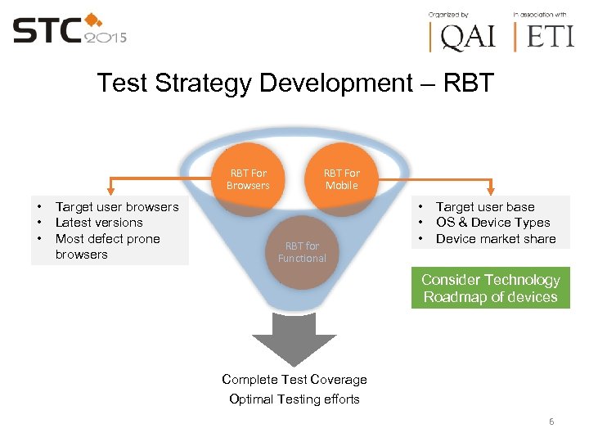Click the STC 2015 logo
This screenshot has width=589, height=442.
point(70,30)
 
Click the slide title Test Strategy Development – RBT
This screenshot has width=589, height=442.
point(294,83)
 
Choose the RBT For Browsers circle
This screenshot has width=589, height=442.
point(248,178)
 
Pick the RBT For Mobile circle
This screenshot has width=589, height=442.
point(341,178)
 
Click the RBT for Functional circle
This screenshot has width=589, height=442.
point(301,251)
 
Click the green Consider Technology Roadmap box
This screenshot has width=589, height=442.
point(490,289)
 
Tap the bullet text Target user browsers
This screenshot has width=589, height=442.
point(116,207)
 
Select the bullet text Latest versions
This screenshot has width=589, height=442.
point(98,223)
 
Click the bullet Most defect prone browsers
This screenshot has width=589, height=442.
point(106,246)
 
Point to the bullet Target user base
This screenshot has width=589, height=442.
point(484,207)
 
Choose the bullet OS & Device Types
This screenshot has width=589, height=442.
point(492,223)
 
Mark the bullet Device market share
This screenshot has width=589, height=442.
point(495,239)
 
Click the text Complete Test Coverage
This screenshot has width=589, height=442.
point(294,380)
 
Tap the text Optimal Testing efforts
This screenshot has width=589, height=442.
point(294,399)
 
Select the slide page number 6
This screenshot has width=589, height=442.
point(551,422)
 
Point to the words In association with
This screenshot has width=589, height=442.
point(540,14)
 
